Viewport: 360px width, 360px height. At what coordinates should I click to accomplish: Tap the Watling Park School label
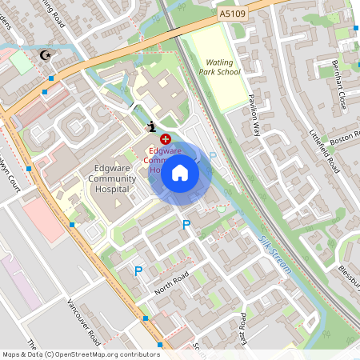(222, 66)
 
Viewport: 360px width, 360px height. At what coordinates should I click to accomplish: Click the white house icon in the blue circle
(180, 172)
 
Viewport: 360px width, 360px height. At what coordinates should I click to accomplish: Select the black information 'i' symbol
(151, 126)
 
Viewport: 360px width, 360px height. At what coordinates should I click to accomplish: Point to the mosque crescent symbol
(44, 55)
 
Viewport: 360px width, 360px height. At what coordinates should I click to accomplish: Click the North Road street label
(171, 282)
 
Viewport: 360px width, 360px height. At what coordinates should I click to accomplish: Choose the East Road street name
(242, 330)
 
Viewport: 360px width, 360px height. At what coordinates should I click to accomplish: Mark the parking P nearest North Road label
(138, 272)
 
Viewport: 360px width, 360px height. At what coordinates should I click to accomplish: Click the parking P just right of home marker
(213, 156)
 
